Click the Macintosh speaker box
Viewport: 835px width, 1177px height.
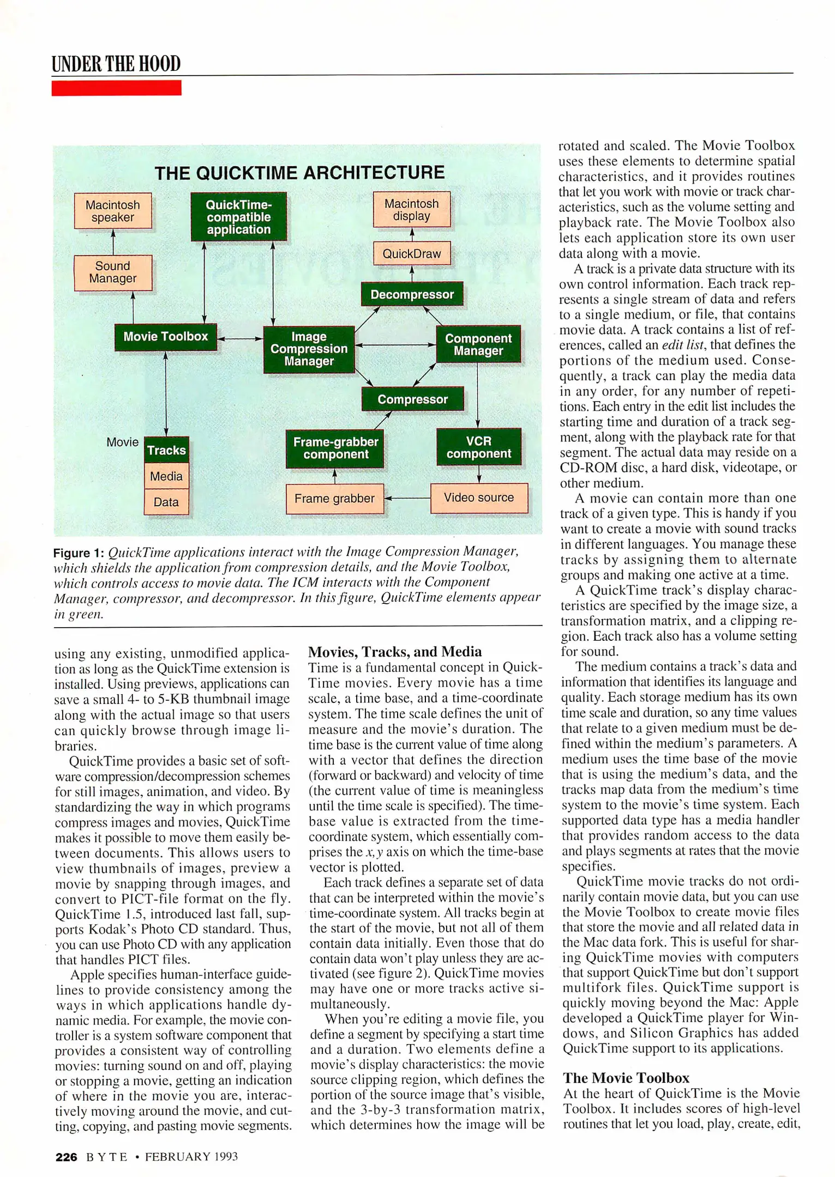(113, 211)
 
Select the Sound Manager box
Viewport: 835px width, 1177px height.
(113, 272)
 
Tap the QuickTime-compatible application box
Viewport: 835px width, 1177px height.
(238, 217)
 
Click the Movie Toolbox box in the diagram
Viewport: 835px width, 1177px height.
(166, 337)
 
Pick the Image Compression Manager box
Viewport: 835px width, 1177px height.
(309, 349)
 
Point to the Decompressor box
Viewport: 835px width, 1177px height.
(412, 295)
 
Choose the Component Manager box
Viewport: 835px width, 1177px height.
(478, 344)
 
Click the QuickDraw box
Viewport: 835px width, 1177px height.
(412, 253)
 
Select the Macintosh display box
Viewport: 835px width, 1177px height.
(412, 210)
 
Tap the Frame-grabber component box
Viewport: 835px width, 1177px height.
(335, 448)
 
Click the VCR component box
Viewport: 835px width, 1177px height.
(478, 447)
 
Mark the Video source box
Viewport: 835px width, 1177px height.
(479, 498)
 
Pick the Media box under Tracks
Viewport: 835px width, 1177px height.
(166, 476)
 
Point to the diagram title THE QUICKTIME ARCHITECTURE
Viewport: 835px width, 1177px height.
(299, 173)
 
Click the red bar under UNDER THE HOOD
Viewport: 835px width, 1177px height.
(116, 88)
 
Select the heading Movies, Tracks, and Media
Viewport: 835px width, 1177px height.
(395, 652)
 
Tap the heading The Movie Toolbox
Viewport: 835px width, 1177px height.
(626, 1078)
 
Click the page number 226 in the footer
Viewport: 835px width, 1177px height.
(67, 1157)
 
